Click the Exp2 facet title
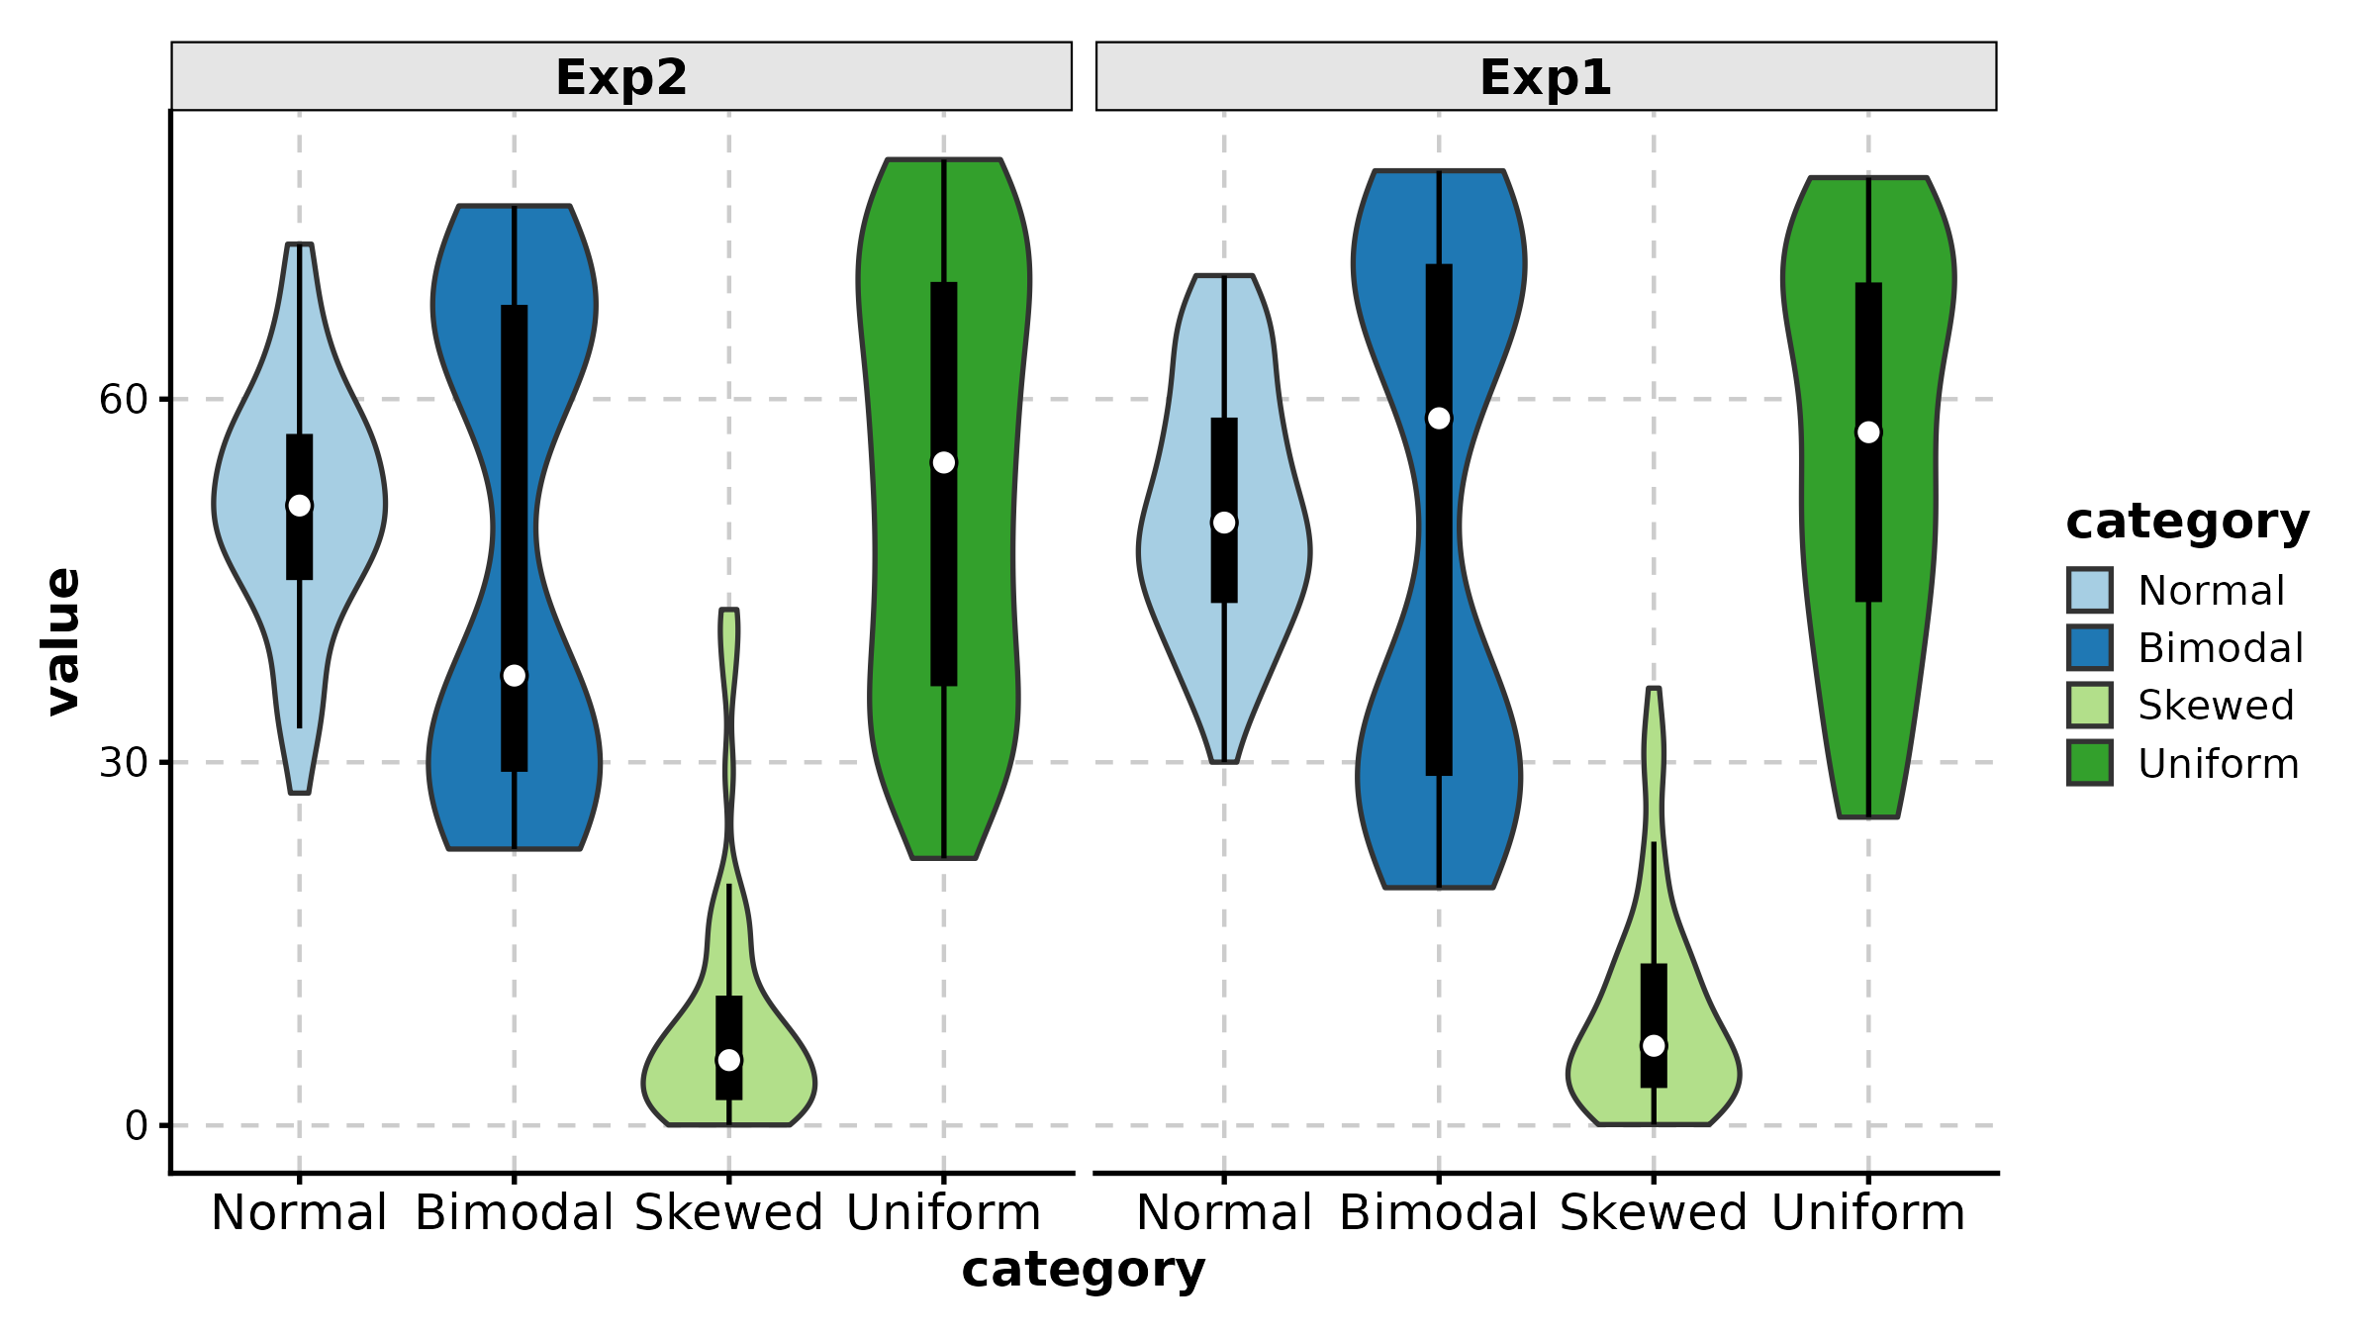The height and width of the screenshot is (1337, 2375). pyautogui.click(x=620, y=77)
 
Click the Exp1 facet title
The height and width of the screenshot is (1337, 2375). pyautogui.click(x=1545, y=77)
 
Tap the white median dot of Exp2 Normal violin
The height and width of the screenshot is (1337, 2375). pyautogui.click(x=300, y=506)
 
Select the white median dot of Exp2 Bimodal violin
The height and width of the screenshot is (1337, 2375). pyautogui.click(x=515, y=676)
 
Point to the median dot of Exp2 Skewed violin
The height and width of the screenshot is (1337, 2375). pyautogui.click(x=729, y=1060)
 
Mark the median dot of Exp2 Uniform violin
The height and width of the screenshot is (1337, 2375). pyautogui.click(x=944, y=463)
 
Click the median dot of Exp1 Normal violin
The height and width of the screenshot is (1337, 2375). pyautogui.click(x=1224, y=523)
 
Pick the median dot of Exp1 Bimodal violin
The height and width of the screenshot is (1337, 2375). pyautogui.click(x=1439, y=419)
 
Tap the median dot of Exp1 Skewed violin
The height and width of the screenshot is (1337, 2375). pyautogui.click(x=1654, y=1046)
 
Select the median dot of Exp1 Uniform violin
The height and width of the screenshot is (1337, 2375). pyautogui.click(x=1868, y=432)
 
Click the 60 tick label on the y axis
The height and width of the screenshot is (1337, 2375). pyautogui.click(x=123, y=400)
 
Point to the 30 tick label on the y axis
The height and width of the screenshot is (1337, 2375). pyautogui.click(x=123, y=763)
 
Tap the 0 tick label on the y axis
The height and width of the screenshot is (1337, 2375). pyautogui.click(x=136, y=1126)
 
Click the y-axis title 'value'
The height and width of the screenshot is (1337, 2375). pyautogui.click(x=62, y=641)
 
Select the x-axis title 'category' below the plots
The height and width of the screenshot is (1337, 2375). pyautogui.click(x=1083, y=1270)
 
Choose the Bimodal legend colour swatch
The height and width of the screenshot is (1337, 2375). pyautogui.click(x=2090, y=648)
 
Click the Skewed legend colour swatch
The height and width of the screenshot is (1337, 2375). pyautogui.click(x=2090, y=706)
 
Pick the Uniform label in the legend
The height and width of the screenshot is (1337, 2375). pyautogui.click(x=2218, y=764)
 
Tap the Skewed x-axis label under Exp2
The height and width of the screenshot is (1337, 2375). pyautogui.click(x=728, y=1213)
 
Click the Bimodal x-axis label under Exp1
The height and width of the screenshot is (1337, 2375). pyautogui.click(x=1438, y=1213)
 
